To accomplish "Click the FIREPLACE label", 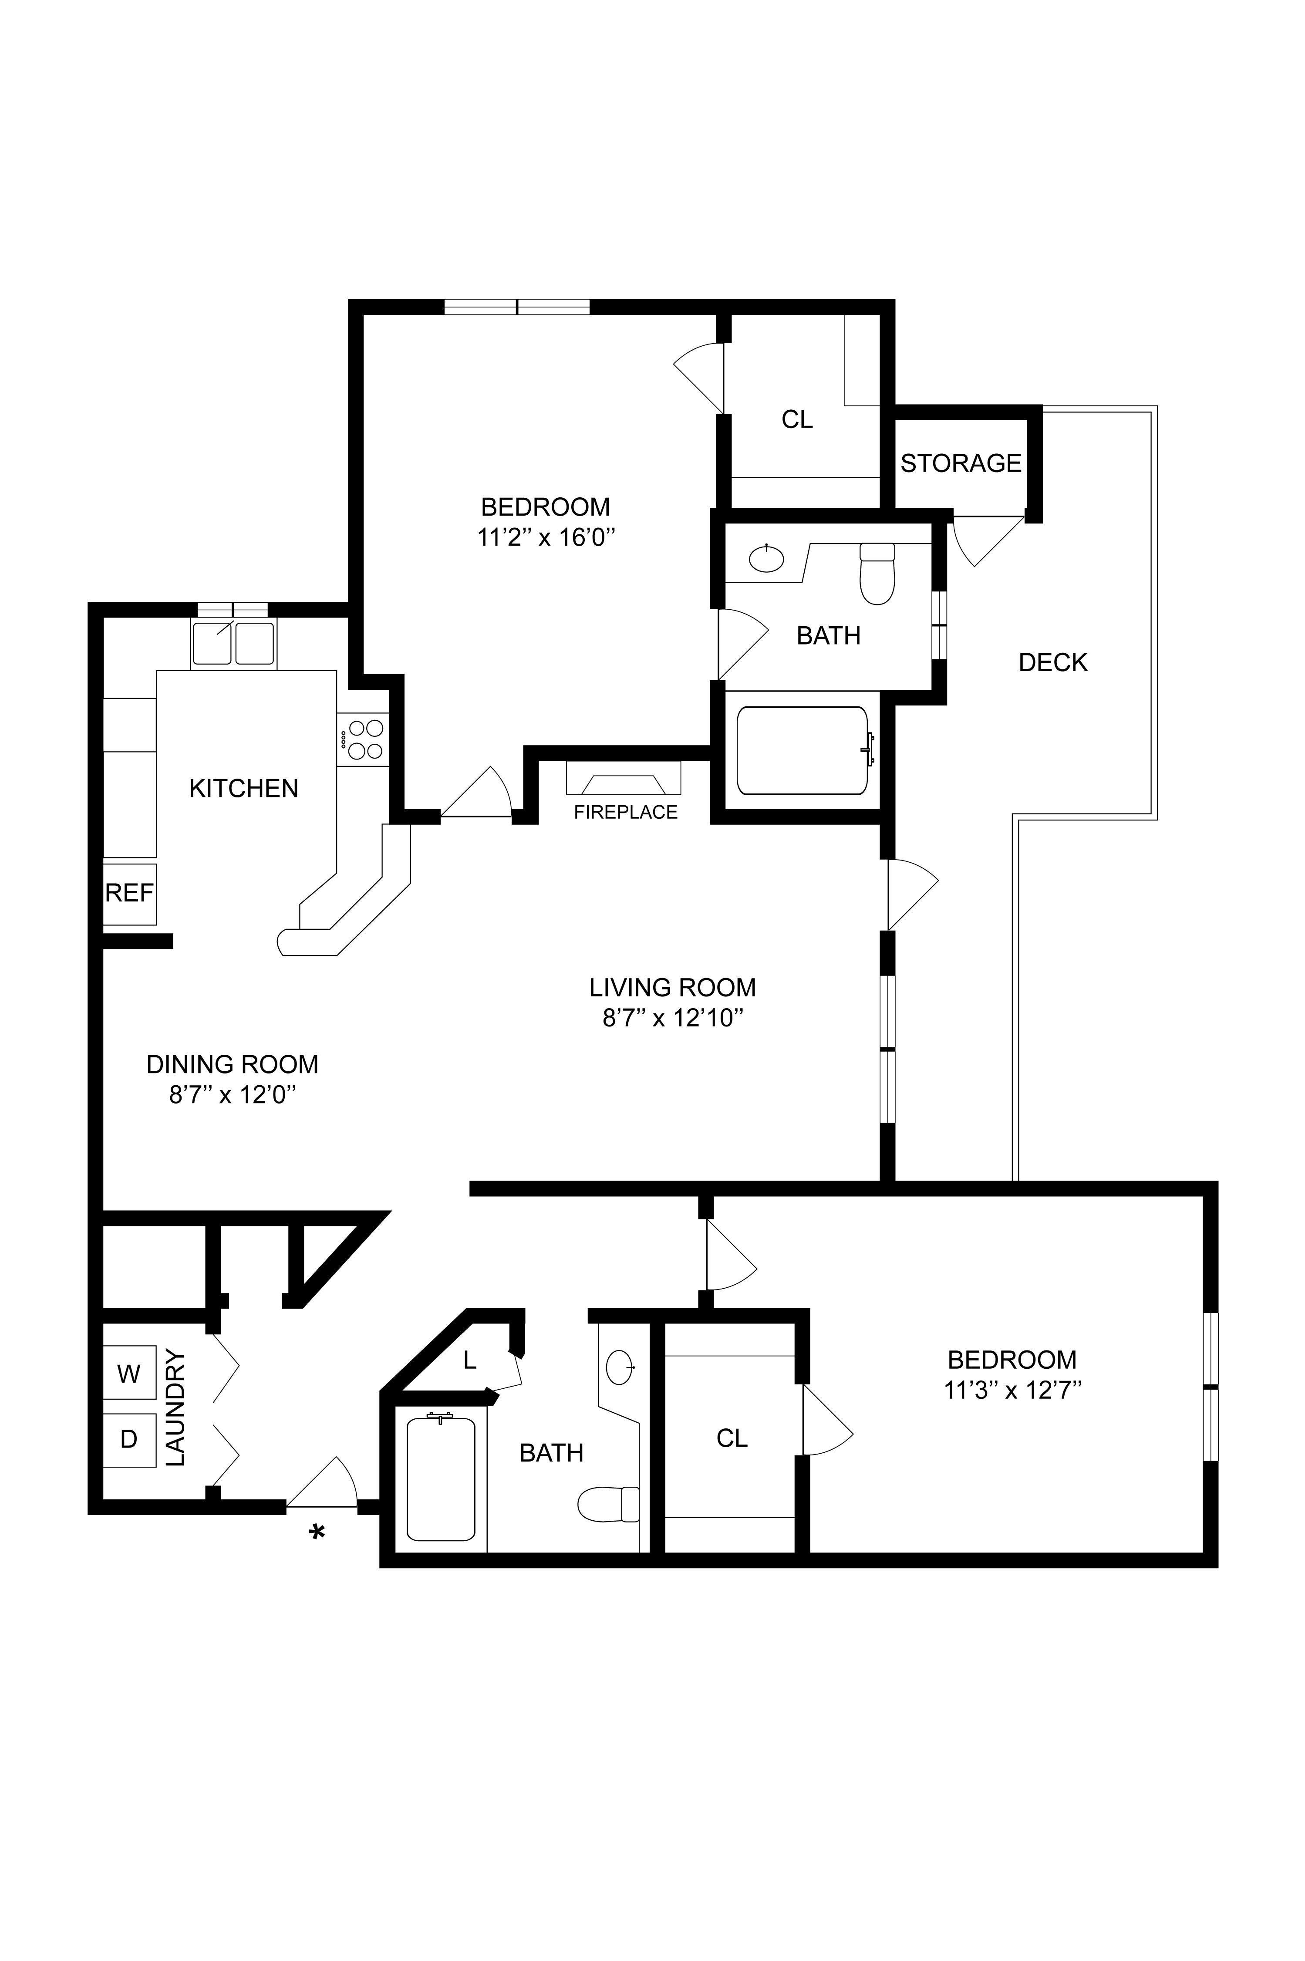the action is click(x=626, y=812).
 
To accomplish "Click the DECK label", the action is click(x=1053, y=662).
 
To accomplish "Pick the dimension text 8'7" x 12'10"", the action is click(x=672, y=1018).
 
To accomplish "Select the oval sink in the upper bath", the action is click(x=765, y=558).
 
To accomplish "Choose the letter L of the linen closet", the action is click(x=469, y=1360).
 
